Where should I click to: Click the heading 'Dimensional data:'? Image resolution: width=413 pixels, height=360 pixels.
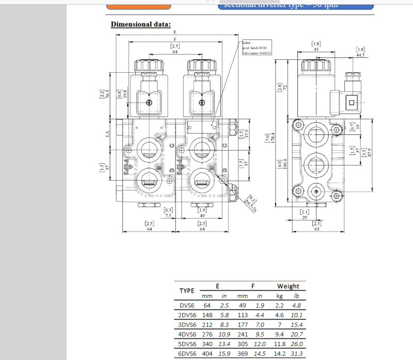pos(141,24)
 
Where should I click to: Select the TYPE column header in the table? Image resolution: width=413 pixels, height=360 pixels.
pos(186,290)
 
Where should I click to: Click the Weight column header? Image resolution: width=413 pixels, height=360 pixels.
pos(288,286)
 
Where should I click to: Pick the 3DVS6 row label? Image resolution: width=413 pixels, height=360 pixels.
pos(187,324)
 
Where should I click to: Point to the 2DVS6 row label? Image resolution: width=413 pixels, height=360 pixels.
pos(187,315)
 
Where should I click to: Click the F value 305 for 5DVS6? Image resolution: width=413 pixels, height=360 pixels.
pos(242,344)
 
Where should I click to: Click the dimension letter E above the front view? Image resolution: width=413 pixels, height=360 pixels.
pos(175,32)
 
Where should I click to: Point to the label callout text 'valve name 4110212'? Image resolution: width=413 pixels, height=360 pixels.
pos(257,53)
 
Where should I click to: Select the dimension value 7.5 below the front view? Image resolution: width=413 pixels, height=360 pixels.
pos(168,216)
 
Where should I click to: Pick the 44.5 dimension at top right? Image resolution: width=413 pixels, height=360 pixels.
pos(360,55)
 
